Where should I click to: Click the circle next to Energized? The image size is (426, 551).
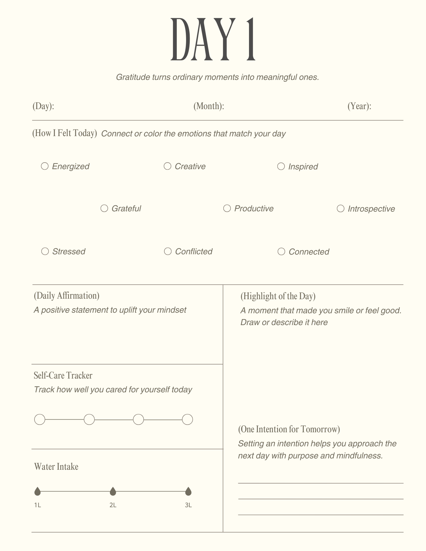pos(45,166)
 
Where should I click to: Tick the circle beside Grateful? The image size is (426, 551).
pos(104,208)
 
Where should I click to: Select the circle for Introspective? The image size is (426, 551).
pos(341,209)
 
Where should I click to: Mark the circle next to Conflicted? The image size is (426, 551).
pos(168,251)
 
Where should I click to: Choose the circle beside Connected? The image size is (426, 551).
pos(281,252)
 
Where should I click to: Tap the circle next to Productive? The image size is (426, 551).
pos(227,208)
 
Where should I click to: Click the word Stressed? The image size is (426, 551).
pos(69,252)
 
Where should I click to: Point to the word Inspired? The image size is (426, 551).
pos(303,167)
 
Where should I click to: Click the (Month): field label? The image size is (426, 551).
pos(209,106)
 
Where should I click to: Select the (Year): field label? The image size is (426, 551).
pos(359,106)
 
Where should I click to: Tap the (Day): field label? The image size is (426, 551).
pos(43,106)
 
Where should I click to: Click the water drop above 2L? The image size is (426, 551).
pos(113,491)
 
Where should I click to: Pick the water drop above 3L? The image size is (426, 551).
pos(188,491)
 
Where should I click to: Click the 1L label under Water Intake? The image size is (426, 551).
pos(37,505)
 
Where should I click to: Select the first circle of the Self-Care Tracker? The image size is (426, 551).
pos(40,420)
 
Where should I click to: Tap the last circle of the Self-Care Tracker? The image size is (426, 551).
pos(187,420)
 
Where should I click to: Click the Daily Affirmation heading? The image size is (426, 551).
pos(66,296)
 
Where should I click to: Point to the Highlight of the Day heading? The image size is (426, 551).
pos(278,296)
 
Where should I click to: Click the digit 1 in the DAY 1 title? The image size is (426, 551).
pos(251,39)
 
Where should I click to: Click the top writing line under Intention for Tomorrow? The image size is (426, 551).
pos(321,483)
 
